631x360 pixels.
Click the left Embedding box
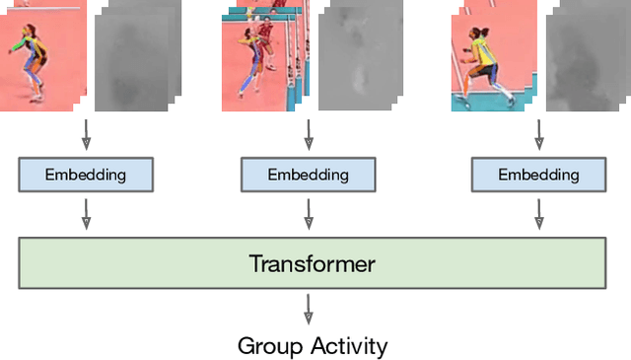pos(86,176)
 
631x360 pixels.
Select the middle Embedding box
pos(309,176)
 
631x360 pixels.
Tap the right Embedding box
pos(538,176)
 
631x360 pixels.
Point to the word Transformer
pos(312,263)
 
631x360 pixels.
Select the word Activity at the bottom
pos(349,346)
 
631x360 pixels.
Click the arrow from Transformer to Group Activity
pos(309,308)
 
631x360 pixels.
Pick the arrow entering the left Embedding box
pos(86,134)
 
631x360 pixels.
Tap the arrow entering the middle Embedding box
pos(309,134)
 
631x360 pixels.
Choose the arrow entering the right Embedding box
pos(538,134)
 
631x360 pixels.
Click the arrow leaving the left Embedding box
pos(86,213)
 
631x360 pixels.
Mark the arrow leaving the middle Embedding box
pos(309,213)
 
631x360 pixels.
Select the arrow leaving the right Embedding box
pos(538,213)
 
